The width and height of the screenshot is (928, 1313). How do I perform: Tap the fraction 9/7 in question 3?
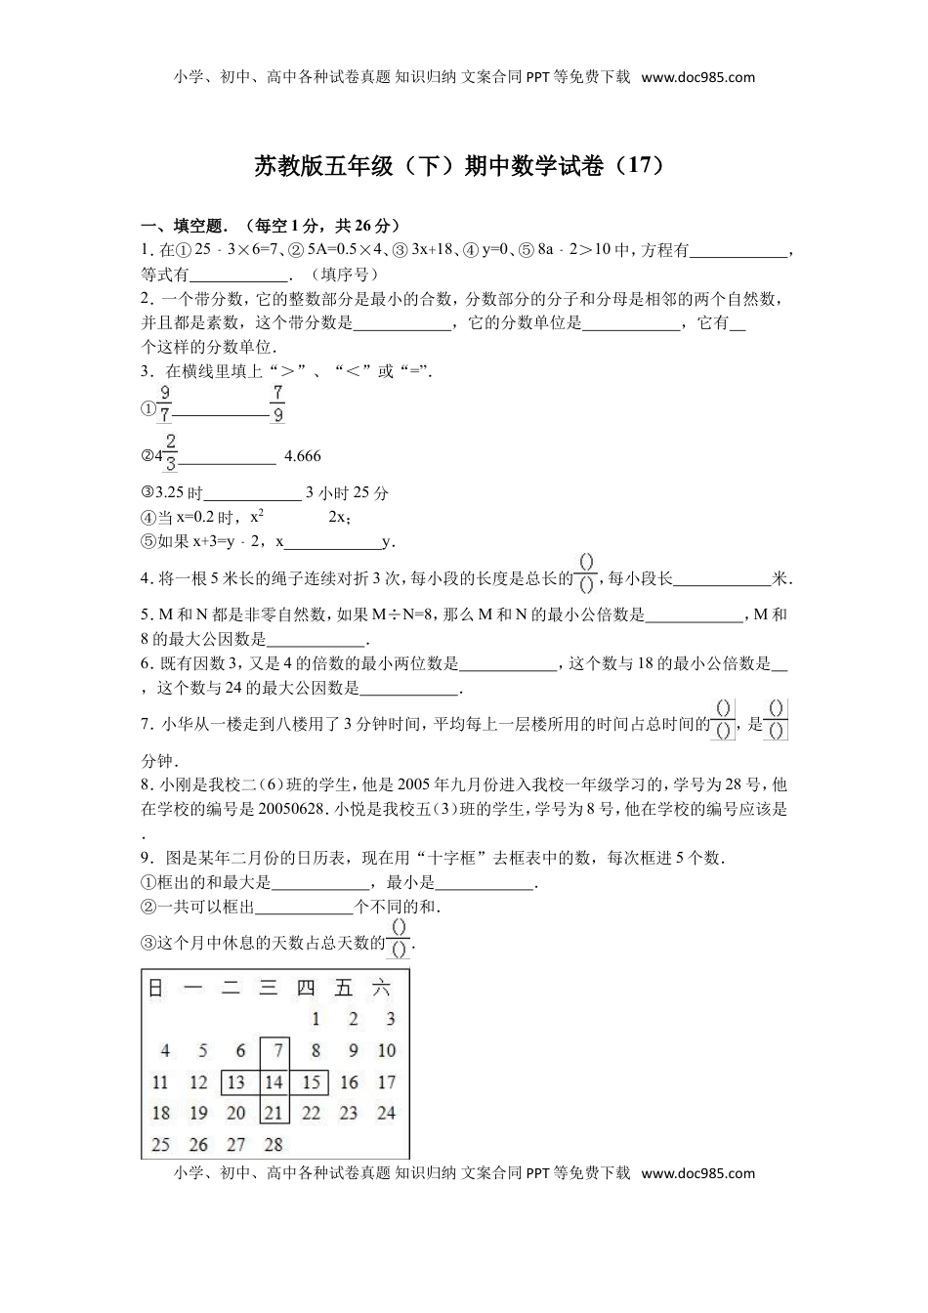tap(165, 403)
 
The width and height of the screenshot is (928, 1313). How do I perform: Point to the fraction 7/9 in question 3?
tap(277, 403)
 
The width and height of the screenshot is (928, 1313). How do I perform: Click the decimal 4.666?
tap(302, 456)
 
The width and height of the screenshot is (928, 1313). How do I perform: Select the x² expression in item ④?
tap(258, 517)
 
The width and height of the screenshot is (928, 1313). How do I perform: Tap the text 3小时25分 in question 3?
tap(347, 493)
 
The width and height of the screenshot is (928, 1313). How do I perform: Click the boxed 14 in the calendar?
tap(274, 1082)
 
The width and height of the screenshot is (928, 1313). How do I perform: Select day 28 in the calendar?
tap(274, 1144)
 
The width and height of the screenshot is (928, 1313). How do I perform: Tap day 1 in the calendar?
tap(316, 1020)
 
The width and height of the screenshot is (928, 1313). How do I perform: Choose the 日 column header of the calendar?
tap(156, 988)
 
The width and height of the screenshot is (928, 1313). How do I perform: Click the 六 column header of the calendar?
tap(382, 988)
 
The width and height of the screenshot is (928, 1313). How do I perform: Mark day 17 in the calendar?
tap(387, 1082)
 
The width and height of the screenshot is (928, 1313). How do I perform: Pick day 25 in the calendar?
tap(160, 1144)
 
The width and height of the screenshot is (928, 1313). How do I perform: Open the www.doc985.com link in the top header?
tap(698, 78)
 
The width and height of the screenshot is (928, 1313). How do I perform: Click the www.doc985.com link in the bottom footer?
tap(698, 1173)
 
